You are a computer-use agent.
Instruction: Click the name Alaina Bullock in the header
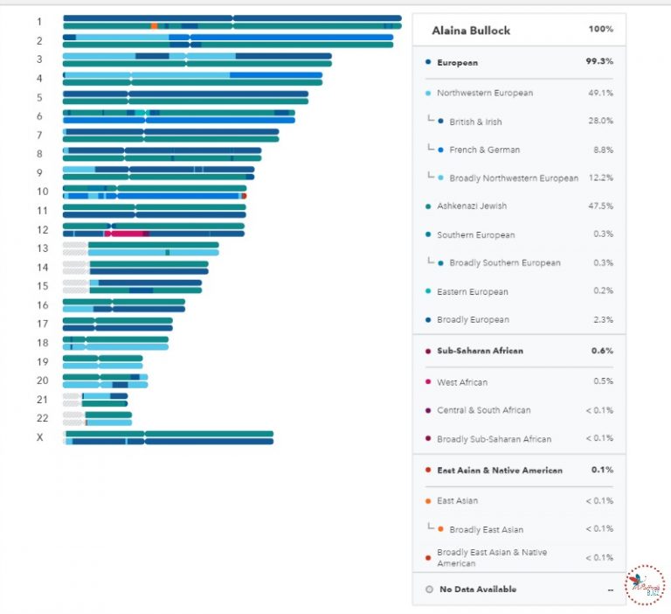(471, 30)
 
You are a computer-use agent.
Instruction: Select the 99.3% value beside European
(598, 62)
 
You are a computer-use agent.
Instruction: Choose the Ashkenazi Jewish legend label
(471, 206)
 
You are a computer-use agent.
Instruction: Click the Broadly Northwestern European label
(513, 178)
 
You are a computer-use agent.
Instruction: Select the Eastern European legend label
(472, 291)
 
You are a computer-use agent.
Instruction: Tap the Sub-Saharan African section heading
(480, 351)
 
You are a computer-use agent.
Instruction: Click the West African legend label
(462, 382)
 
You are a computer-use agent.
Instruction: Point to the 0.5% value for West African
(602, 382)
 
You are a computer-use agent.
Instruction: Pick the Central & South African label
(483, 410)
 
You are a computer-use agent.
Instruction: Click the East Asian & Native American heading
(499, 471)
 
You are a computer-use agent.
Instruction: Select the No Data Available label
(477, 590)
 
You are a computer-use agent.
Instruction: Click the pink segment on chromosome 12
(127, 234)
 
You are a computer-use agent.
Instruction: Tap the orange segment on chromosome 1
(154, 26)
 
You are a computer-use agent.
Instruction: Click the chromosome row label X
(39, 437)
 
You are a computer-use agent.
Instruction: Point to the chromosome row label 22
(42, 418)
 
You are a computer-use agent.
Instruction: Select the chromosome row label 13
(42, 248)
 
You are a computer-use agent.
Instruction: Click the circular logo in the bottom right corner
(645, 584)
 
